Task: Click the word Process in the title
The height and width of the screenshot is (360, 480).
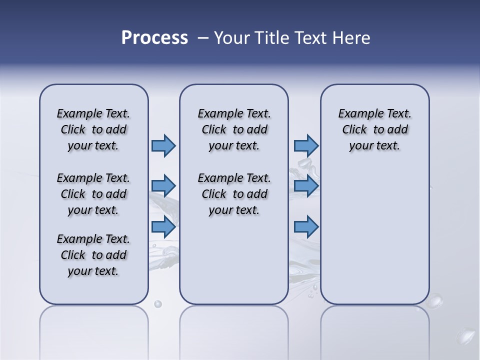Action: pyautogui.click(x=154, y=37)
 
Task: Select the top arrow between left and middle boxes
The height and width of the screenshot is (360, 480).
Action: pyautogui.click(x=163, y=145)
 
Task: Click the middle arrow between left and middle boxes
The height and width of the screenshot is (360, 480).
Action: pyautogui.click(x=163, y=186)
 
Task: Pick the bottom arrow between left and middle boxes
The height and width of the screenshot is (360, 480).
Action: pyautogui.click(x=163, y=227)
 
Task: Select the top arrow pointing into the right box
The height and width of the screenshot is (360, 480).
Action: pyautogui.click(x=306, y=145)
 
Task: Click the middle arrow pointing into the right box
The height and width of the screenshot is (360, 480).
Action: pyautogui.click(x=306, y=186)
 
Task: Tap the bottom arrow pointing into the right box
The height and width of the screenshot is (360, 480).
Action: pyautogui.click(x=306, y=227)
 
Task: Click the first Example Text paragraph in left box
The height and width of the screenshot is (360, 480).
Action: pyautogui.click(x=93, y=129)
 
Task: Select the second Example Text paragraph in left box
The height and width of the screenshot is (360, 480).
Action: pyautogui.click(x=93, y=194)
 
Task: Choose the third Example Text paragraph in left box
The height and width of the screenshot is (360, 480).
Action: pyautogui.click(x=93, y=255)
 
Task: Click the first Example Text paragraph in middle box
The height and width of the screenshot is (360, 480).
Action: pyautogui.click(x=234, y=129)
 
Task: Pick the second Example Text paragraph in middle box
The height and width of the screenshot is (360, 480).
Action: pyautogui.click(x=234, y=194)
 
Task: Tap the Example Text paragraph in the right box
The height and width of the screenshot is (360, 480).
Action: pyautogui.click(x=375, y=129)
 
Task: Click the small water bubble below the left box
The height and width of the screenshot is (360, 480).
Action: pyautogui.click(x=158, y=304)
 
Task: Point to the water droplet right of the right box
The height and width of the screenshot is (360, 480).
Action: pyautogui.click(x=435, y=301)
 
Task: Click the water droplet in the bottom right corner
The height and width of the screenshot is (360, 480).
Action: pyautogui.click(x=467, y=334)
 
